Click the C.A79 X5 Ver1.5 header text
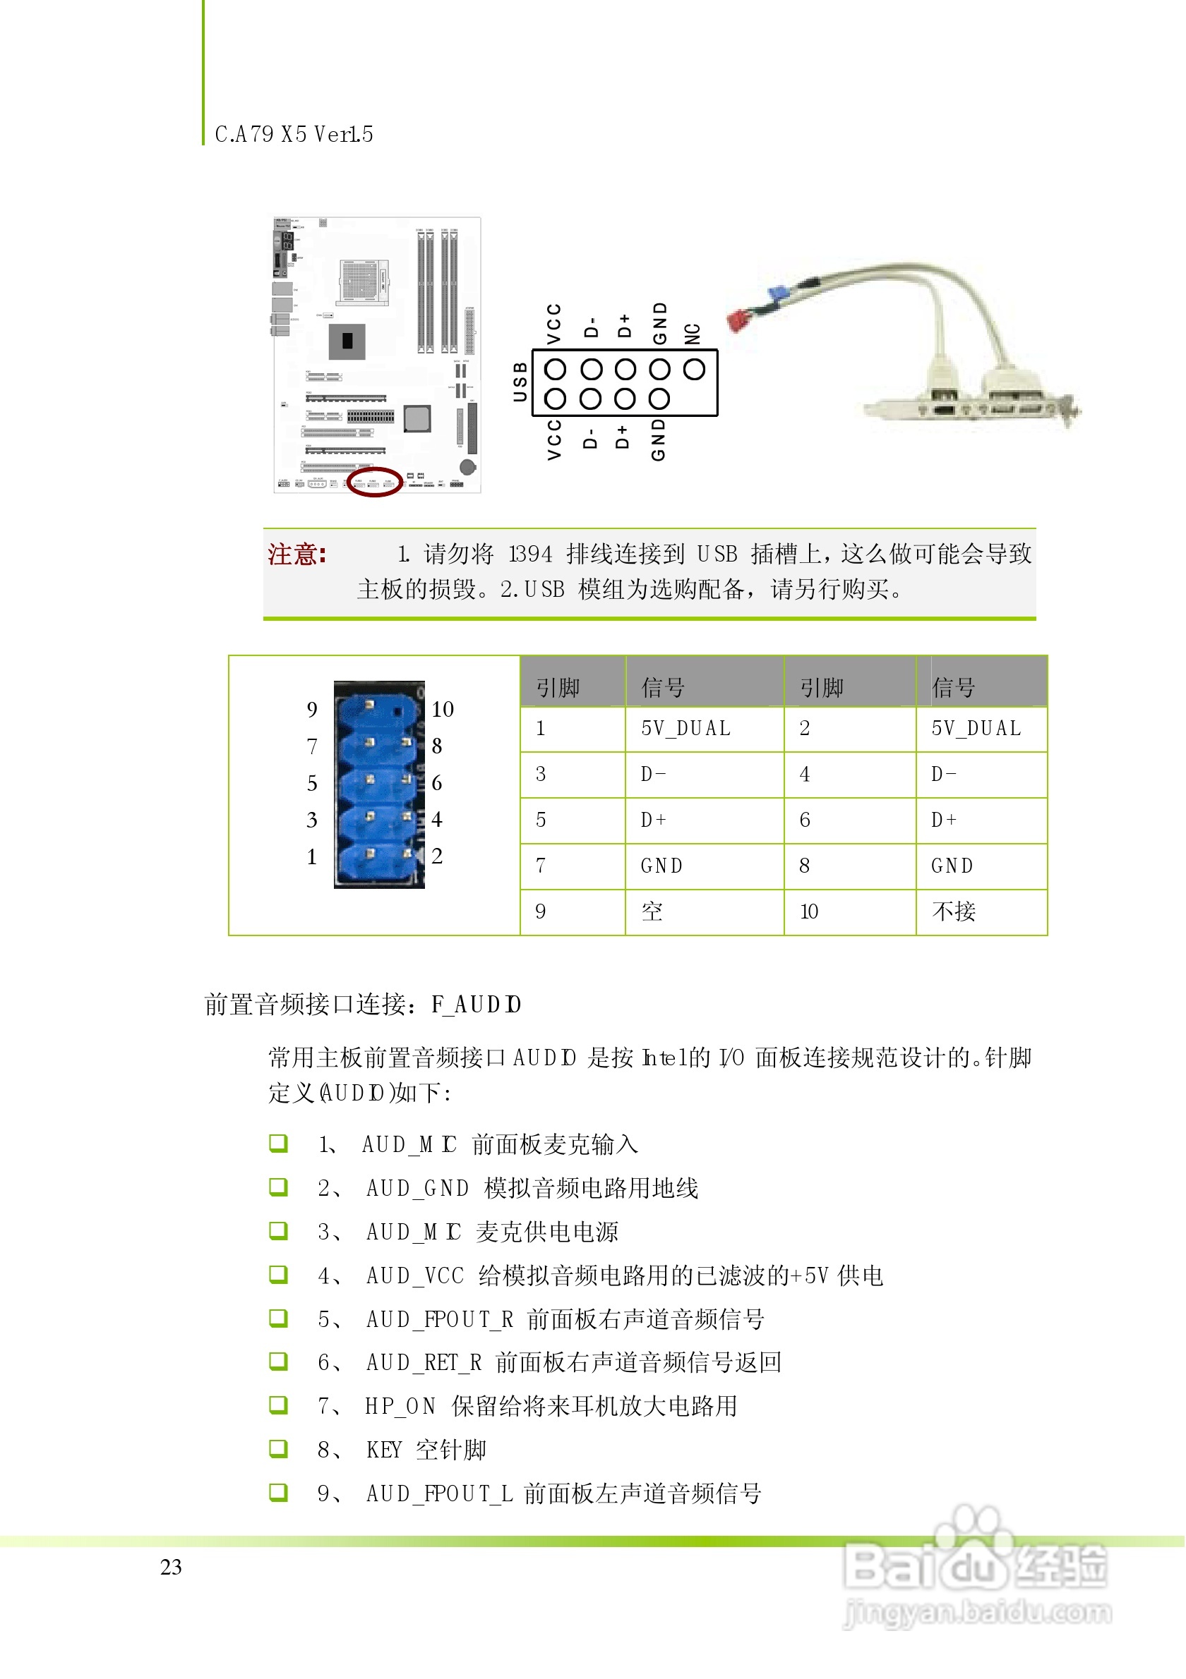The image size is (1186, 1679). (294, 135)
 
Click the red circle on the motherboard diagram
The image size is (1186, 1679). (374, 482)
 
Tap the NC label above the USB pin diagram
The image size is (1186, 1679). (692, 334)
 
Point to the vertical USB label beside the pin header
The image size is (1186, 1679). (520, 382)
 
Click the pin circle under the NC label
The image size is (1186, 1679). (694, 369)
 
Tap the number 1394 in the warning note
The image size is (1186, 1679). (530, 554)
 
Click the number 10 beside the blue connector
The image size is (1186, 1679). (443, 709)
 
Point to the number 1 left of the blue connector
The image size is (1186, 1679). (312, 856)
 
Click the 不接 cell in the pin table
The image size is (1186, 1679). (954, 912)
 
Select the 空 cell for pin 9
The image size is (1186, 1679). (652, 912)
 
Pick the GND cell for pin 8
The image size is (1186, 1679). (952, 866)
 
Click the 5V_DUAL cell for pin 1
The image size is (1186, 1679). (685, 729)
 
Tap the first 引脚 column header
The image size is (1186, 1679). (558, 688)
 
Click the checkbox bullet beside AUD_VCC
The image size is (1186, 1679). (278, 1275)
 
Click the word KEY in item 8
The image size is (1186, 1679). (384, 1450)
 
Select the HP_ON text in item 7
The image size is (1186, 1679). (400, 1406)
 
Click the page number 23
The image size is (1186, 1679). (172, 1567)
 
